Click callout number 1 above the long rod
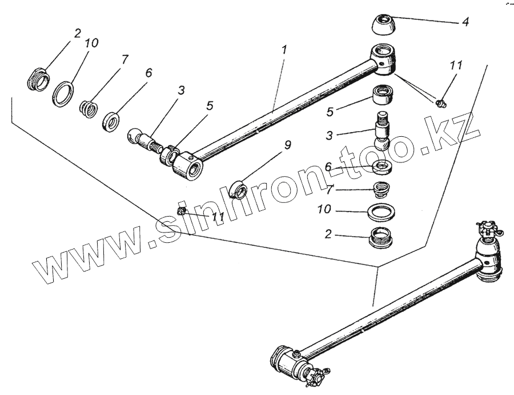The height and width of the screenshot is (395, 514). [284, 50]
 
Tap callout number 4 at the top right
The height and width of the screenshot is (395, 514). [465, 23]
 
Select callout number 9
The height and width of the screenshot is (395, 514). [287, 145]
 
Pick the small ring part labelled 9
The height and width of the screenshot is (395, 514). [238, 188]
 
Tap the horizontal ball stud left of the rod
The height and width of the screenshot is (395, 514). [144, 140]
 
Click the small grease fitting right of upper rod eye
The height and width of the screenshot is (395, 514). [441, 103]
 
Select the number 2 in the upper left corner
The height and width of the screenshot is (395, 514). [77, 33]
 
